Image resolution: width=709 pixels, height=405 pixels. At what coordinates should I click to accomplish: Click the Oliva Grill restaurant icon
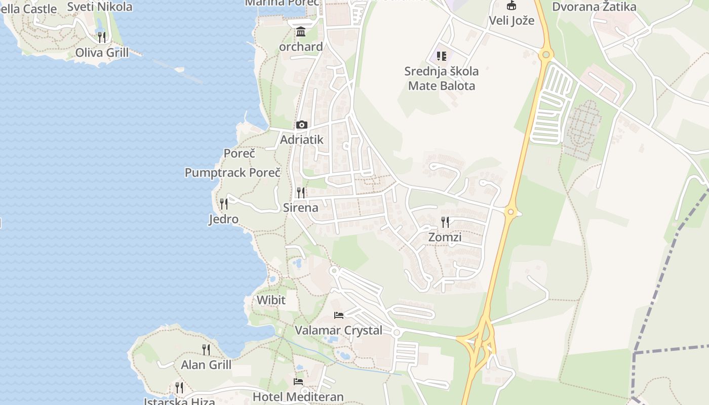(x=102, y=37)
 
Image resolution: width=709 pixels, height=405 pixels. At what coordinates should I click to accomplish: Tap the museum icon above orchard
(x=301, y=32)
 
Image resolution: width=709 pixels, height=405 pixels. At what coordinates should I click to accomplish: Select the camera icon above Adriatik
(x=301, y=125)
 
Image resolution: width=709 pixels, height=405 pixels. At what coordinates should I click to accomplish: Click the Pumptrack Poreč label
(x=232, y=172)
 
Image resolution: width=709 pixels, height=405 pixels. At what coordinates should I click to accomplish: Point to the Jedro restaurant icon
(x=223, y=204)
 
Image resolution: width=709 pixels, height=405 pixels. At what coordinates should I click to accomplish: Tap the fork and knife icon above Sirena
(x=301, y=192)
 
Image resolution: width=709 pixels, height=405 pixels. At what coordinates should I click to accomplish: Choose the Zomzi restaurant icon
(x=445, y=222)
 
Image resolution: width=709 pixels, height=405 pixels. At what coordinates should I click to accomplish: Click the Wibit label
(x=271, y=300)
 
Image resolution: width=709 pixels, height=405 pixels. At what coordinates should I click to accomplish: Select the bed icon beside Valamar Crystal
(x=339, y=315)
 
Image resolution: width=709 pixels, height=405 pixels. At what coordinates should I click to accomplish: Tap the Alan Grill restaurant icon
(x=206, y=349)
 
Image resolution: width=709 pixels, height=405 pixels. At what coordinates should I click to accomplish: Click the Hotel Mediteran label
(x=298, y=397)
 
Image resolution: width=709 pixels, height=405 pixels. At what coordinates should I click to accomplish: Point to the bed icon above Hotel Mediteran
(x=298, y=381)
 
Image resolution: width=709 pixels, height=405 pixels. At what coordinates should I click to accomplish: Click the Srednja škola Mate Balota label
(x=442, y=78)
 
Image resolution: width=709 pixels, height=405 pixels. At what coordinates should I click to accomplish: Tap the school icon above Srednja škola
(x=442, y=56)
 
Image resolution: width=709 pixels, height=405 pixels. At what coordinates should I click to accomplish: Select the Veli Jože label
(x=511, y=21)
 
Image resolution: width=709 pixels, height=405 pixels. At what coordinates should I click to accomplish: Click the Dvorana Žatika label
(x=594, y=7)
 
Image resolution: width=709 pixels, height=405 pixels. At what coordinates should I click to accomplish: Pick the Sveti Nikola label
(x=100, y=7)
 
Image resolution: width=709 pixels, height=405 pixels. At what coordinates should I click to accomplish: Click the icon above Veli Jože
(x=511, y=6)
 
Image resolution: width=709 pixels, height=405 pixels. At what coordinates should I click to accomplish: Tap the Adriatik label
(x=301, y=139)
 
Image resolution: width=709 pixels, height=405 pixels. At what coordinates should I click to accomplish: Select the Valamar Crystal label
(x=339, y=330)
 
